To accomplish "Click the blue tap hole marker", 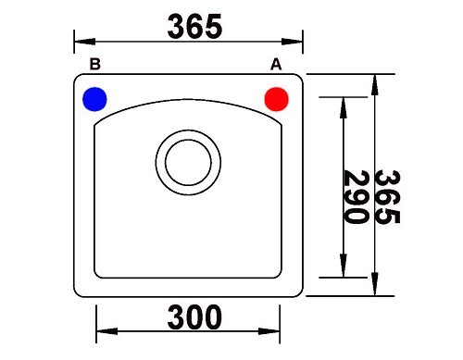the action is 94,99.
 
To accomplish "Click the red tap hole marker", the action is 277,99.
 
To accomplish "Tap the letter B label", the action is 95,64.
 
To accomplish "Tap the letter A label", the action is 276,65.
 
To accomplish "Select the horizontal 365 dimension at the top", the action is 194,27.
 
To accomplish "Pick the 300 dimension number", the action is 194,317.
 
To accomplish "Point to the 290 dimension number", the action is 357,197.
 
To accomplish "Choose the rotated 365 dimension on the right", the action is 387,197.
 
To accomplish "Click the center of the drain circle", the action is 188,162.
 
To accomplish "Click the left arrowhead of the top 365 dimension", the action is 84,42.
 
